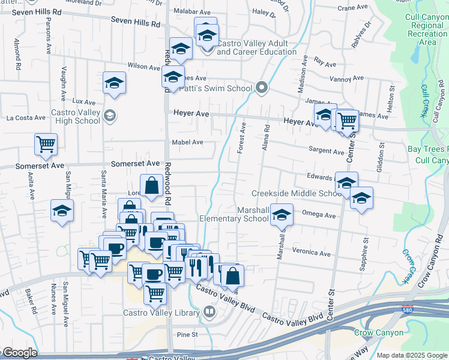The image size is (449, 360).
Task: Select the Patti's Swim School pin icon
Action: (261, 88)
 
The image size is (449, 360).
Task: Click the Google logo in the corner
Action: (19, 353)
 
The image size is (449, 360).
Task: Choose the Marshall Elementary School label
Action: (235, 214)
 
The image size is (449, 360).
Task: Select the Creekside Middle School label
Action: (296, 193)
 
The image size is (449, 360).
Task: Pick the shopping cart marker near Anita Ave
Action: (46, 144)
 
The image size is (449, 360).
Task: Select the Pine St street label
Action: (187, 334)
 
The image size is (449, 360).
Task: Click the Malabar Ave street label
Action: (196, 11)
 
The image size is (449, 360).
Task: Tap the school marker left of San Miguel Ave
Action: (62, 211)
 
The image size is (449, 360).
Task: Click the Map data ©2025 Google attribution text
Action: (412, 355)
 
